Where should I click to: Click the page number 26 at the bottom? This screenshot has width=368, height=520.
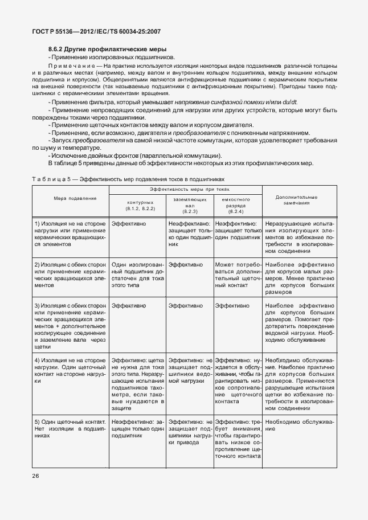(x=35, y=476)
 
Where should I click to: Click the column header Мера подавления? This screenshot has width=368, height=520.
(x=71, y=198)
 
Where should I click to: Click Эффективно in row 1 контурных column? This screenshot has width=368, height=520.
(x=128, y=224)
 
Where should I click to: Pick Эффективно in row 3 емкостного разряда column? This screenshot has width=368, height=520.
(x=232, y=306)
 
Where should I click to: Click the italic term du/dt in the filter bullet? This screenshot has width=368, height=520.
(x=300, y=101)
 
